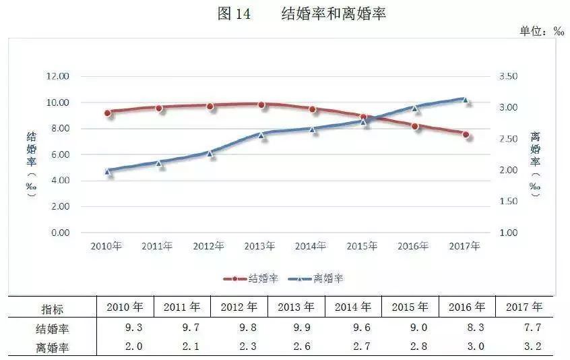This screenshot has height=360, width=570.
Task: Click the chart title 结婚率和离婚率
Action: [333, 14]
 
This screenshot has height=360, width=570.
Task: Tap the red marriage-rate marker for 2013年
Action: [261, 105]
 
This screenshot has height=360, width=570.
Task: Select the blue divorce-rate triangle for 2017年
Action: [465, 100]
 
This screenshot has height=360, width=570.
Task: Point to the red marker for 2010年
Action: [108, 113]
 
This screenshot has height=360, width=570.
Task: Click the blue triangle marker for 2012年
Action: [210, 153]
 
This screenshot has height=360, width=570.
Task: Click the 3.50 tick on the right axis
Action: [508, 77]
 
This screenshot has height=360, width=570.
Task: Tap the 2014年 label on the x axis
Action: [311, 246]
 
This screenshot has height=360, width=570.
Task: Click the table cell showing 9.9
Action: [296, 329]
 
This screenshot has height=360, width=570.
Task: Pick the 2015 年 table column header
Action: [410, 307]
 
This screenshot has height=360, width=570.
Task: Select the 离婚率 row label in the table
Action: [52, 347]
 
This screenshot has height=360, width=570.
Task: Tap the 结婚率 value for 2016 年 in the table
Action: [466, 329]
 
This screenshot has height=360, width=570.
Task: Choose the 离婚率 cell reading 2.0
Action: [125, 347]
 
